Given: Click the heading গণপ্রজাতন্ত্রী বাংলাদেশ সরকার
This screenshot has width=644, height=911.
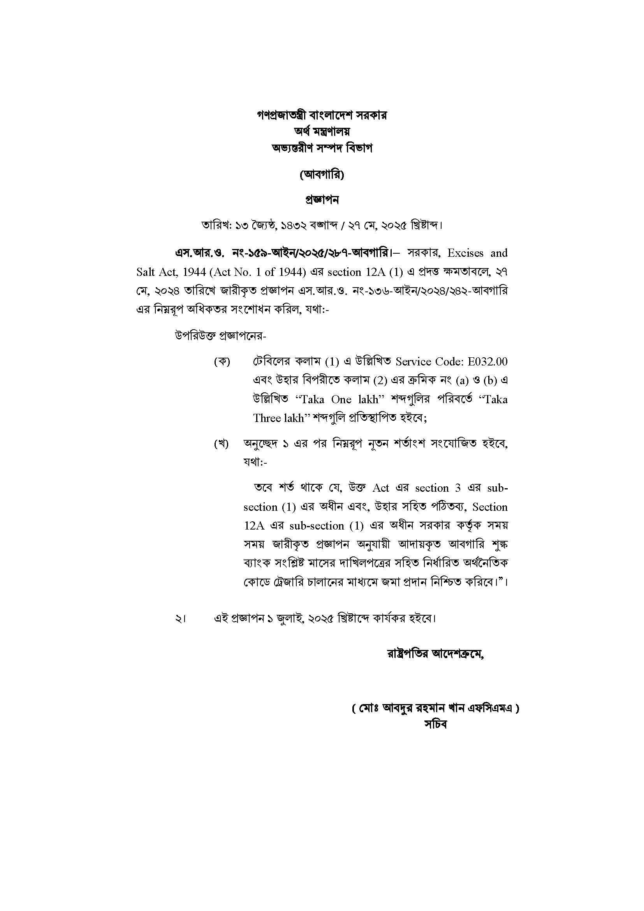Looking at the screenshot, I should [x=322, y=115].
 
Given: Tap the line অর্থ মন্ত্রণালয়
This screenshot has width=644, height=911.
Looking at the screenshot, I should [x=322, y=131].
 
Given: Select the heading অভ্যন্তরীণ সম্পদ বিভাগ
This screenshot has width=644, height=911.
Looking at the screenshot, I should [x=322, y=148].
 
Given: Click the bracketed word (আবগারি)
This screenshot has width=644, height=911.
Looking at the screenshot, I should [x=322, y=175].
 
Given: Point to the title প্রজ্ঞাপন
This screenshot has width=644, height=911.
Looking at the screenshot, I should [x=322, y=200].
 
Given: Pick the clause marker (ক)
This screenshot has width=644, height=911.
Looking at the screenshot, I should [x=222, y=362].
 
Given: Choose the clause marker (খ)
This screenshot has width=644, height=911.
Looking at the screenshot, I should [x=222, y=444].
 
